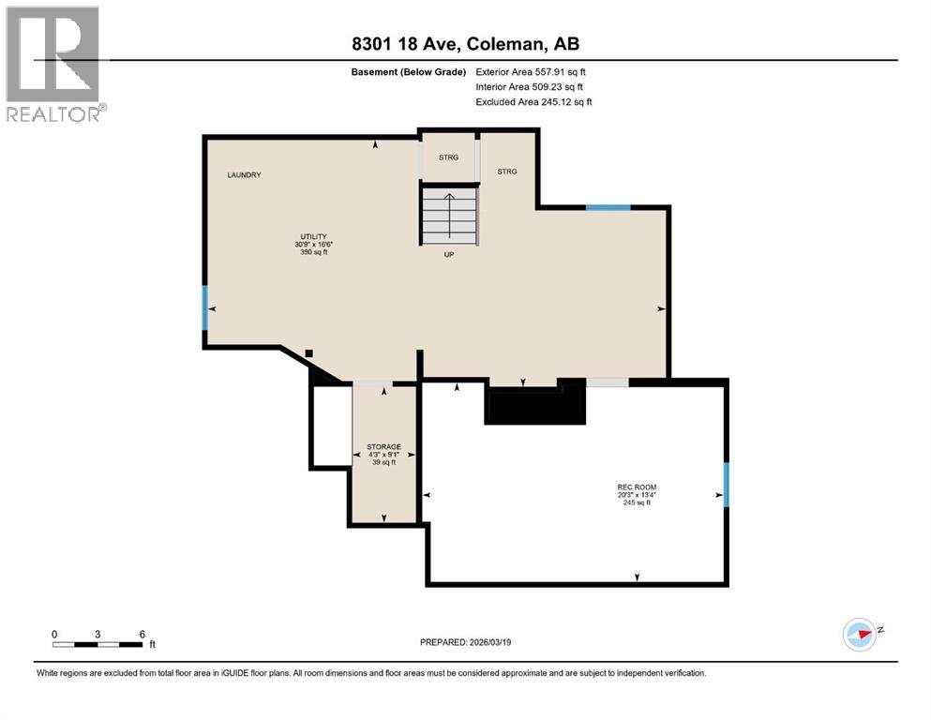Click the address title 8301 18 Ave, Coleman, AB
465,44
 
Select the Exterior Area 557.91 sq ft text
532,72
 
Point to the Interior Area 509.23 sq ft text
531,87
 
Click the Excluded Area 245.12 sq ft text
533,102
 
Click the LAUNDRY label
243,175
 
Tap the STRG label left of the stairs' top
448,157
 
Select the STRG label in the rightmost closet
507,172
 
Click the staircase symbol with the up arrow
449,215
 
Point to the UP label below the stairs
449,255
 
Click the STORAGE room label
383,454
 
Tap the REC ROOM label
637,494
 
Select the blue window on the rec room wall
725,483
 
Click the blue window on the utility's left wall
204,308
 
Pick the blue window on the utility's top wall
608,206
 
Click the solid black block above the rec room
533,405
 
